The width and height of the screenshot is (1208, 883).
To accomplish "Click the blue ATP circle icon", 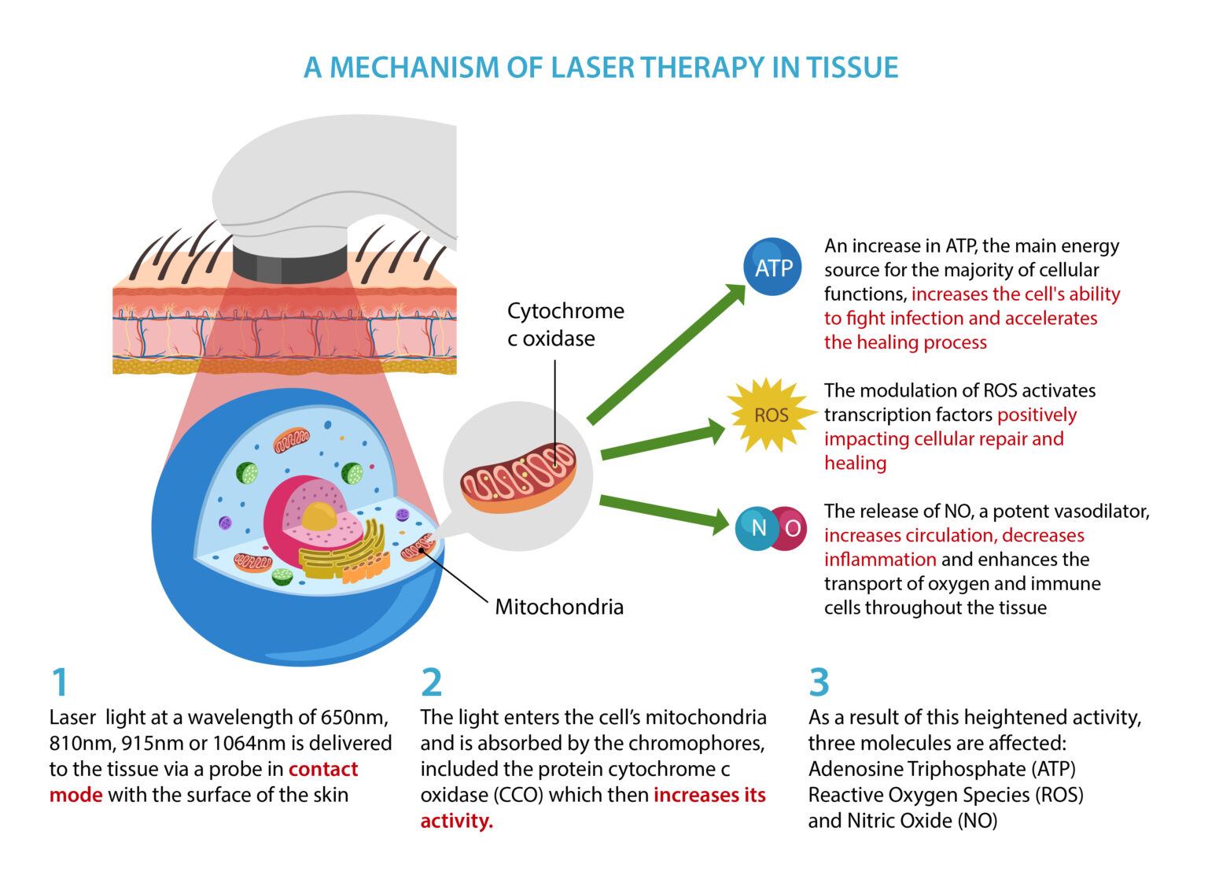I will [x=772, y=268].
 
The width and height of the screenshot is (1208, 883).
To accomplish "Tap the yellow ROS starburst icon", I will [x=770, y=415].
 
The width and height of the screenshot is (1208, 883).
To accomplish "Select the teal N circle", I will [x=757, y=528].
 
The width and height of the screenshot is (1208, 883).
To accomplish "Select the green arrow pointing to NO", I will [x=664, y=512].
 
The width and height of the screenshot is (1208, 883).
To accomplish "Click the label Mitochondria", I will [x=559, y=607].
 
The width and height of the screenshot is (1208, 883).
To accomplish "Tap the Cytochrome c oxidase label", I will [x=565, y=324].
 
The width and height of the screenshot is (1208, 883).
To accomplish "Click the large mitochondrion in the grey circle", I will [x=518, y=478].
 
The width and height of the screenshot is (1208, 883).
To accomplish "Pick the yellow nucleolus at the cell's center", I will [x=319, y=517].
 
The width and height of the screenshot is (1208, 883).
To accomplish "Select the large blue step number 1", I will [x=60, y=682].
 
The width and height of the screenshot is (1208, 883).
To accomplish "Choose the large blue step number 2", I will [x=431, y=682].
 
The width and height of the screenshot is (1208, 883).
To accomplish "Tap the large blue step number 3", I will [x=819, y=682].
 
